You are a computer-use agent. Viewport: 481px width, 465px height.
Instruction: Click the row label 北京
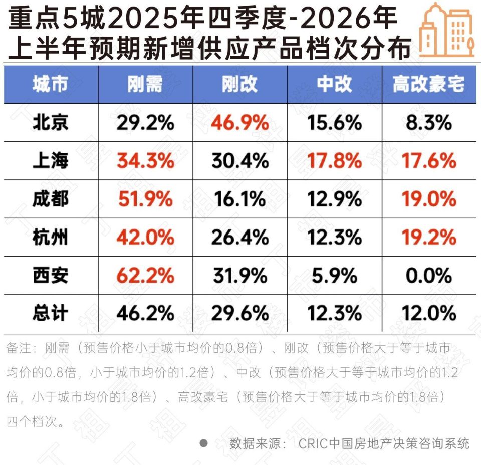pos(50,123)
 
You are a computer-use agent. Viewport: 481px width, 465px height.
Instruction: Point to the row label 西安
pos(50,275)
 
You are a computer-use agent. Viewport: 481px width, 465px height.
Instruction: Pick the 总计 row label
pos(50,313)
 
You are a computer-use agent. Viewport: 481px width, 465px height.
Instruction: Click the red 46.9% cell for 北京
pos(239,123)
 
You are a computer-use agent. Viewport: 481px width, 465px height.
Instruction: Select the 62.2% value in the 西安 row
pos(145,275)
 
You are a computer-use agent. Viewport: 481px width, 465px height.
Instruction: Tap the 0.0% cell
pos(429,275)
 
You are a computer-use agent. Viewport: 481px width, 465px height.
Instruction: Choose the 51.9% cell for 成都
pos(145,199)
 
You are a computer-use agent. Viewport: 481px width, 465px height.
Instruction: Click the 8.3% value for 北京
pos(429,123)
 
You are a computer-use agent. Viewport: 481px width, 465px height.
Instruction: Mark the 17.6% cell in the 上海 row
pos(429,161)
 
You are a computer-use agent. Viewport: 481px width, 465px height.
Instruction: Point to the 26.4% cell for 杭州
pos(239,237)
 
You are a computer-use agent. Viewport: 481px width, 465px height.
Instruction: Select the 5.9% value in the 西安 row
pos(334,275)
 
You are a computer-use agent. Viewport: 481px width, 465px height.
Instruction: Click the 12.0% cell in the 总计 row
pos(429,313)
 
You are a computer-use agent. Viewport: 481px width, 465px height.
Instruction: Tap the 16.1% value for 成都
pos(239,199)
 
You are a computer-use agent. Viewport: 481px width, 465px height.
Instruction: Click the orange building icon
pos(446,30)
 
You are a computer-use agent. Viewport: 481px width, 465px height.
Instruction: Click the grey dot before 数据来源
pos(203,443)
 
